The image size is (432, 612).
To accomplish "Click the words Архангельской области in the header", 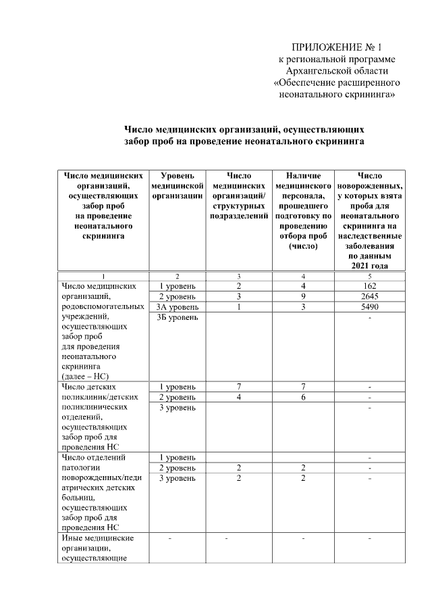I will point(337,71).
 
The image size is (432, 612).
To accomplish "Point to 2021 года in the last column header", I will point(369,266).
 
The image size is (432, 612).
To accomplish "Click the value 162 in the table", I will point(369,287).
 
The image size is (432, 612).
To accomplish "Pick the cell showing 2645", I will point(369,297).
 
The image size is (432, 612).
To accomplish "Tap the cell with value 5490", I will point(369,307).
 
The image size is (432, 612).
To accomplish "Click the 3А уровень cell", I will point(178,307).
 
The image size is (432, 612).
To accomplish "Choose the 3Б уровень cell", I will point(178,317).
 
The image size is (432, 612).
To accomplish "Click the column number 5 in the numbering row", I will point(369,276).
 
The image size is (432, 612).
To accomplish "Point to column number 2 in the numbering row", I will point(178,276).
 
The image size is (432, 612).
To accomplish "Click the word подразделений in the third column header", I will point(239,216).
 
